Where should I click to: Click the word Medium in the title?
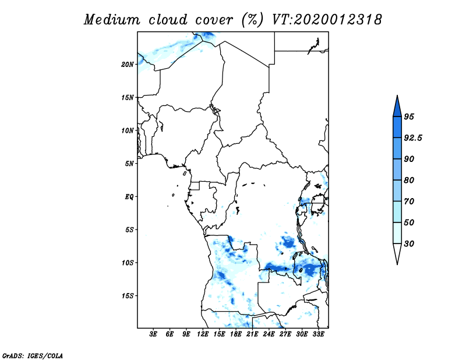point(112,20)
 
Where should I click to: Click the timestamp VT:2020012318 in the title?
point(327,20)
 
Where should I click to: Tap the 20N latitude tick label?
point(128,65)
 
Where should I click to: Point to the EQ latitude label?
point(129,197)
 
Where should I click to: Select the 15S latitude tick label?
point(128,296)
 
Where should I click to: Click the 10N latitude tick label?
point(128,130)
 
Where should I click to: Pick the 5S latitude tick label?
point(129,230)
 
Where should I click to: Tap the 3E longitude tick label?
point(153,334)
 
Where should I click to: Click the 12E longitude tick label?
point(203,334)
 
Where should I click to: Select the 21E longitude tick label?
point(252,334)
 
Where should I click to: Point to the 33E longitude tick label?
point(318,334)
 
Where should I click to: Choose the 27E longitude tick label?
point(285,334)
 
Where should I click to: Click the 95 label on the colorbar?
point(409,117)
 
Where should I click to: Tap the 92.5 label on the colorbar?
point(413,138)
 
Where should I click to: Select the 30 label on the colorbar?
point(409,243)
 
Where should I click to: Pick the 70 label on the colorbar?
point(409,202)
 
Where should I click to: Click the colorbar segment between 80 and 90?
point(397,170)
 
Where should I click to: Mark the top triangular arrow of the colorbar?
point(397,108)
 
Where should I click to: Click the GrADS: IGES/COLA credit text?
point(33,356)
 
